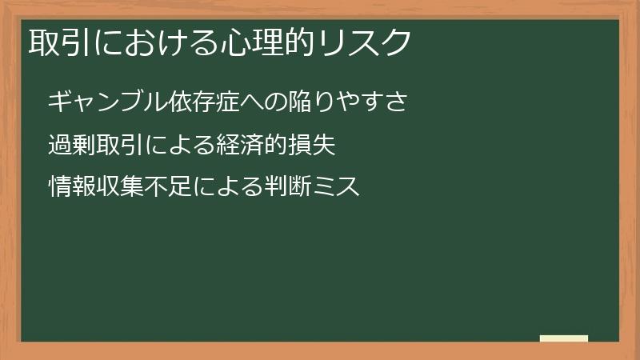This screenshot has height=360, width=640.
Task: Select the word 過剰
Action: (70, 145)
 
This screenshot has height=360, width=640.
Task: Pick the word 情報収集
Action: (94, 187)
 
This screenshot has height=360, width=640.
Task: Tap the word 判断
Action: (286, 187)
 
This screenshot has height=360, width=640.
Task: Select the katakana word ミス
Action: (337, 187)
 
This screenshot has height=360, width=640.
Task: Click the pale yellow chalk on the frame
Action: (563, 338)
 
